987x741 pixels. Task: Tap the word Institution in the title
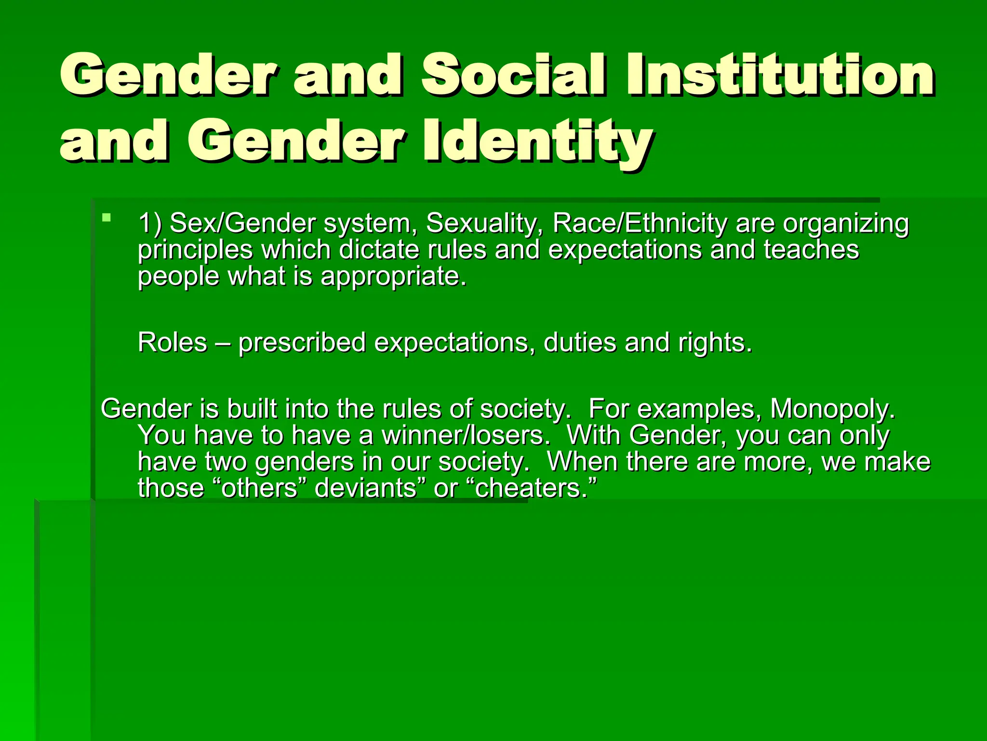tap(780, 75)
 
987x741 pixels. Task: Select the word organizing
tap(845, 224)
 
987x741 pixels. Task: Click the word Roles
tap(172, 343)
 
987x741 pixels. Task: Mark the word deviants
tap(365, 488)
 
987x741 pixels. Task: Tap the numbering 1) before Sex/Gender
tap(150, 223)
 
